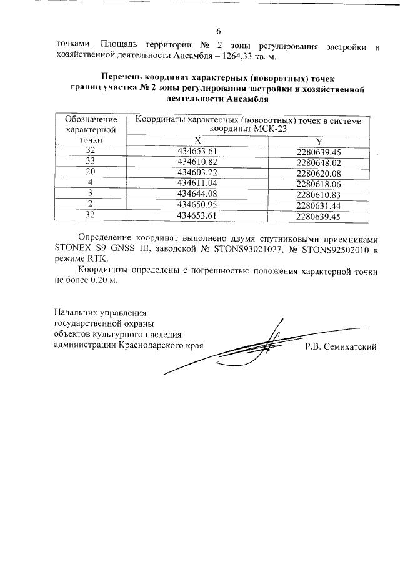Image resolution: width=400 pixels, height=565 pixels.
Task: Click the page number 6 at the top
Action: point(218,32)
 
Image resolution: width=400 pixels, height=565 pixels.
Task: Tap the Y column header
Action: point(318,140)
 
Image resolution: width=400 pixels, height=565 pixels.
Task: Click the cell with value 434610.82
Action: point(197,162)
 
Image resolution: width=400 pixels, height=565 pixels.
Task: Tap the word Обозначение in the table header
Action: point(91,119)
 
